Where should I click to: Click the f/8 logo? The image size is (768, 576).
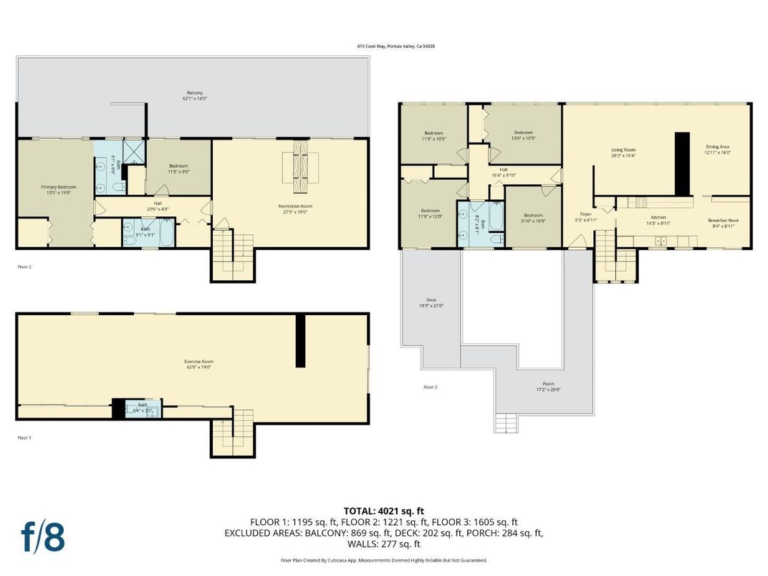[43, 537]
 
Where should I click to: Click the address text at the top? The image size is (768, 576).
[395, 46]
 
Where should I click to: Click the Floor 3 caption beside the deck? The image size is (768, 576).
[430, 387]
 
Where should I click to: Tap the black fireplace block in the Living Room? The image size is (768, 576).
[682, 163]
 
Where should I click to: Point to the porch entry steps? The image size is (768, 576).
[506, 423]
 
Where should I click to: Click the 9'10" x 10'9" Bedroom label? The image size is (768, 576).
[533, 218]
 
